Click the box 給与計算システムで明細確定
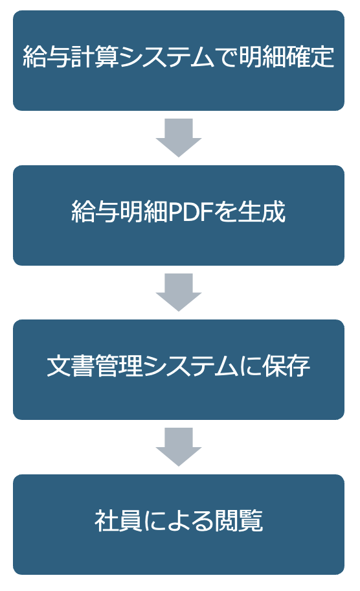coord(179,60)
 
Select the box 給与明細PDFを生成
coord(179,215)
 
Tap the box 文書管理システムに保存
coord(179,370)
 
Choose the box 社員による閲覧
coord(179,524)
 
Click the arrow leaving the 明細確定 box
coord(179,137)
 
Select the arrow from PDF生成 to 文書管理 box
coord(179,292)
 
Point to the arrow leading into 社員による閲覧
coord(179,447)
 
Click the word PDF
coord(191,212)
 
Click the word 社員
coord(118,520)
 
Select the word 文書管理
coord(95,366)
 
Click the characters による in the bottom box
coord(179,520)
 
